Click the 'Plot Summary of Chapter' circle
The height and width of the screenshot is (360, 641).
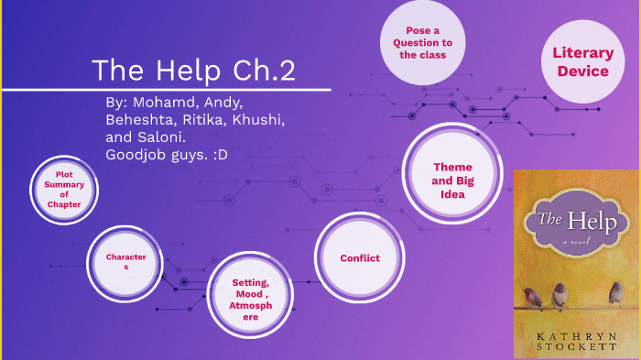click(64, 191)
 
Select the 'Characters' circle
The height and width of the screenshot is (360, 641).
click(125, 262)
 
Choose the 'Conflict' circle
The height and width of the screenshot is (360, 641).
click(360, 258)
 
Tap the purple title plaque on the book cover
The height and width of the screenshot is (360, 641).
click(577, 219)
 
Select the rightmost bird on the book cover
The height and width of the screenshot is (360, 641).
click(615, 292)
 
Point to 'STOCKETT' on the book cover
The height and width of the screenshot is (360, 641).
click(577, 349)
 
